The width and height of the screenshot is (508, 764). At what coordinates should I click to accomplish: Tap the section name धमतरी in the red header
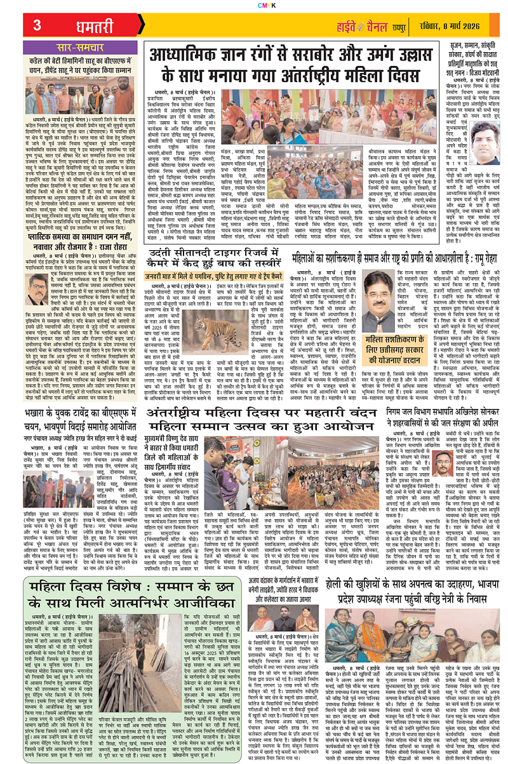click(x=81, y=25)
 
